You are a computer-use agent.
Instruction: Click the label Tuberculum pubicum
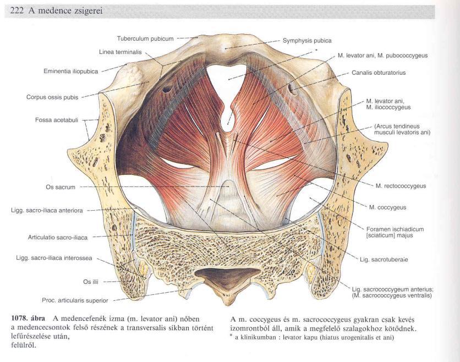click(x=145, y=39)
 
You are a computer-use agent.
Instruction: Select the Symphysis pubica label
click(x=307, y=41)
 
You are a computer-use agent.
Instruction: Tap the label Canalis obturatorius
click(x=379, y=73)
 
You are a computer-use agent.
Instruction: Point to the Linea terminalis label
click(x=121, y=52)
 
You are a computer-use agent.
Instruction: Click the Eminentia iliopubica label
click(x=70, y=72)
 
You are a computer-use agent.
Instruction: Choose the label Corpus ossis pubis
click(x=52, y=97)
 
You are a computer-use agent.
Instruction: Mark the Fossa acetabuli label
click(x=57, y=120)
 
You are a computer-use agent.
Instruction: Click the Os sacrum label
click(x=61, y=187)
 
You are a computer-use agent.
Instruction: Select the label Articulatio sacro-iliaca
click(x=58, y=237)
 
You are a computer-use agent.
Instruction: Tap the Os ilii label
click(x=91, y=282)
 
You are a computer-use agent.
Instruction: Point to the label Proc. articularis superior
click(x=75, y=300)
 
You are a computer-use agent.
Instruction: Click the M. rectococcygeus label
click(x=401, y=186)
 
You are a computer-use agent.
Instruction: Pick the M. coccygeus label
click(x=387, y=207)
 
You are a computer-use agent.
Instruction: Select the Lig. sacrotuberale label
click(x=384, y=260)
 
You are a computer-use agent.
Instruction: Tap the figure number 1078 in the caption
click(x=18, y=319)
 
